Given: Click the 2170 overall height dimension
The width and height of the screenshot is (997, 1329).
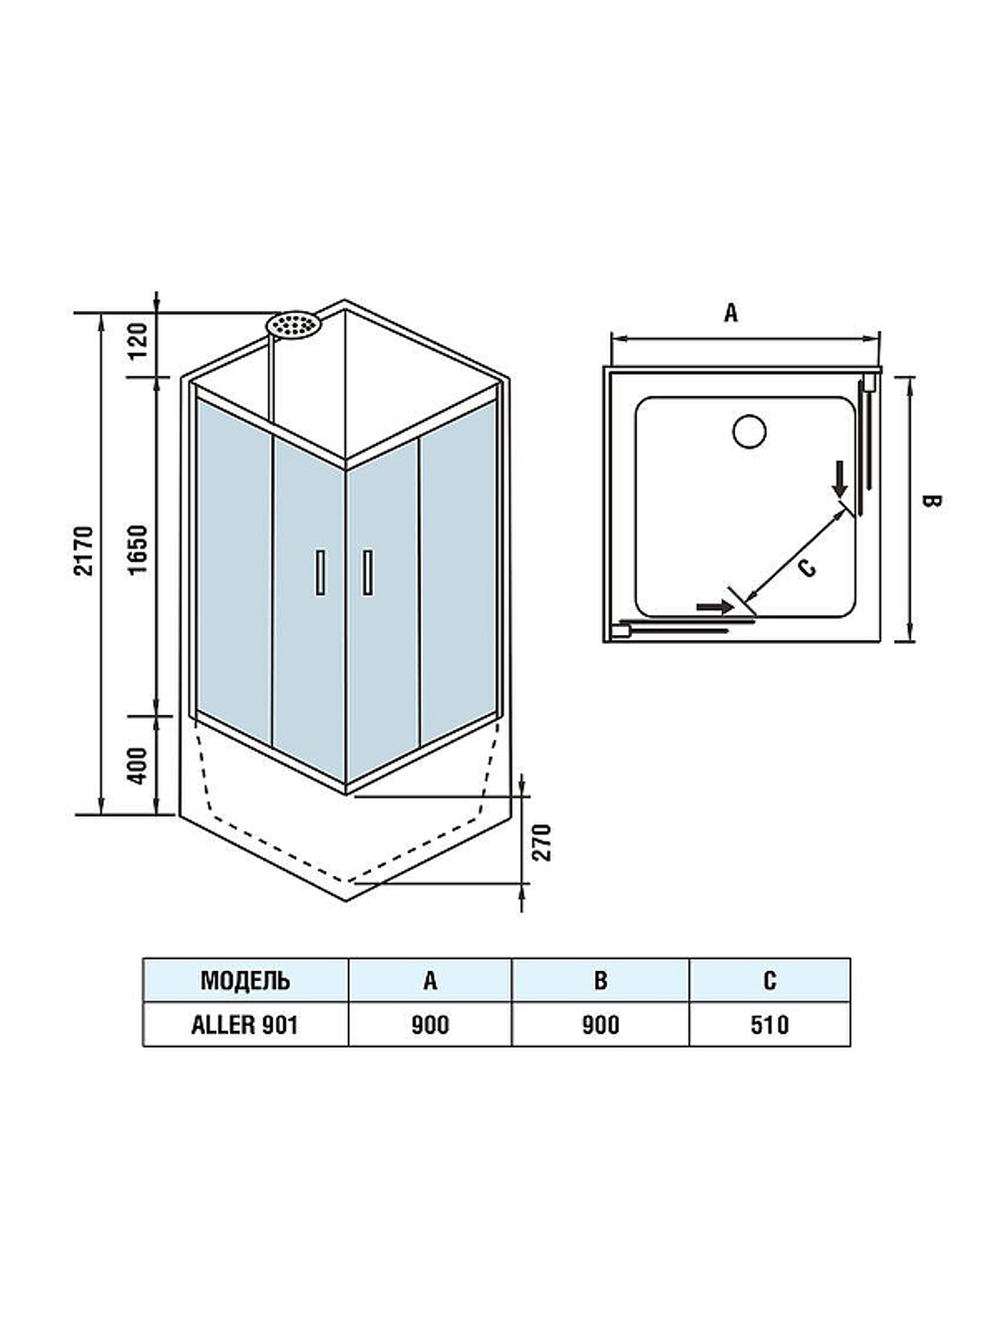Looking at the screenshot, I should point(85,549).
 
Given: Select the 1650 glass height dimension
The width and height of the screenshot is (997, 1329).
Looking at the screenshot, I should point(139,548).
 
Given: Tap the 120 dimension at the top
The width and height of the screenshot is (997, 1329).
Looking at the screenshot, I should point(139,340).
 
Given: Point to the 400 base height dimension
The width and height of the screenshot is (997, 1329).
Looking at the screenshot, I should point(139,765).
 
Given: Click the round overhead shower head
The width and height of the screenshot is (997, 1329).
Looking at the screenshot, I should point(292,324).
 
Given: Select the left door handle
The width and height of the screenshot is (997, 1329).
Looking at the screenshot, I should point(320,572).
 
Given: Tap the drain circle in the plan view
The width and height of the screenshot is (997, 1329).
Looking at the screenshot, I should point(749,431).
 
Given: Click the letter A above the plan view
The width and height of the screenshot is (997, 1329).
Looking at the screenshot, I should point(731,313).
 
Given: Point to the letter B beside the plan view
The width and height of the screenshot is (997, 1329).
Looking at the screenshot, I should point(930,501).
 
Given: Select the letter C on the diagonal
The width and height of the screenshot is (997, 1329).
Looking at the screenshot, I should point(808,566).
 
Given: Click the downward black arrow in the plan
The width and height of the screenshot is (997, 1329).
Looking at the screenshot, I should point(840,480).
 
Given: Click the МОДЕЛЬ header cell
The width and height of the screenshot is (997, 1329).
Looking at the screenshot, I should point(245,980).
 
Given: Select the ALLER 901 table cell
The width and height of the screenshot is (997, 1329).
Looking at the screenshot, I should point(245,1025).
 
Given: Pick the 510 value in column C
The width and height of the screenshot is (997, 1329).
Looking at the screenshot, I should point(769,1025).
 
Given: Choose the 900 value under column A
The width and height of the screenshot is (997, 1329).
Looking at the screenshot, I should point(430,1025).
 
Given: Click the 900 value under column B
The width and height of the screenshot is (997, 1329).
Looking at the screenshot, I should point(600,1025).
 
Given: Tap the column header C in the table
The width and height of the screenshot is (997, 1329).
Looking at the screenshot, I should point(769,980).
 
